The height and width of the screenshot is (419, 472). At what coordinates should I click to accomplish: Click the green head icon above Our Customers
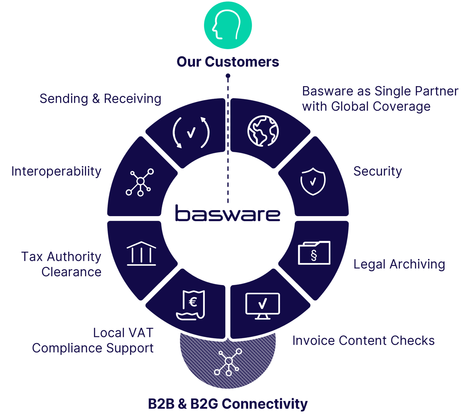(x=228, y=25)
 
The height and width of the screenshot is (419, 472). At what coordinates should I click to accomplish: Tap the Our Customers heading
(x=228, y=62)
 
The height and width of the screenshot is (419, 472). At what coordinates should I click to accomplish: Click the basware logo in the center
(x=228, y=214)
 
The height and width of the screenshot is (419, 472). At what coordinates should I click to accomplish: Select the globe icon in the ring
(x=263, y=131)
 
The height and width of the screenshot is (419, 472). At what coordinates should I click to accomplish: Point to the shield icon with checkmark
(x=313, y=182)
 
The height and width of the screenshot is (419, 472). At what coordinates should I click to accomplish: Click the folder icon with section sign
(x=314, y=253)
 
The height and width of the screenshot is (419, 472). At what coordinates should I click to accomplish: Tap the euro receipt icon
(x=191, y=304)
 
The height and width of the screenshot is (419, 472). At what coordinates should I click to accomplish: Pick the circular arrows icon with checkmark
(x=191, y=132)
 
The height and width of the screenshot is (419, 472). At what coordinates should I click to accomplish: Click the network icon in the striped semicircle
(x=228, y=362)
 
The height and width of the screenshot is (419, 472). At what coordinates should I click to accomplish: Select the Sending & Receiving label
(x=100, y=99)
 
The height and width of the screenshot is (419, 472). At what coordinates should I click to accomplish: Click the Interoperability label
(x=56, y=171)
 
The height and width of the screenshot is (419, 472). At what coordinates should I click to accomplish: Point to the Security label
(x=378, y=171)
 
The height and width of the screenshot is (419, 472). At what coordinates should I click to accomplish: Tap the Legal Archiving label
(x=399, y=264)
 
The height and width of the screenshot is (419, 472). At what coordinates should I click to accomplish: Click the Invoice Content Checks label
(x=363, y=341)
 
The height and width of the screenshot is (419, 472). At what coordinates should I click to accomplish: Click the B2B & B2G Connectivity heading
(x=228, y=404)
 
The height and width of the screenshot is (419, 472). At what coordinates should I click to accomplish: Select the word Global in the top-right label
(x=350, y=106)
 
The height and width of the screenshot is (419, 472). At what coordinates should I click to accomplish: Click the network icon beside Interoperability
(x=140, y=182)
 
